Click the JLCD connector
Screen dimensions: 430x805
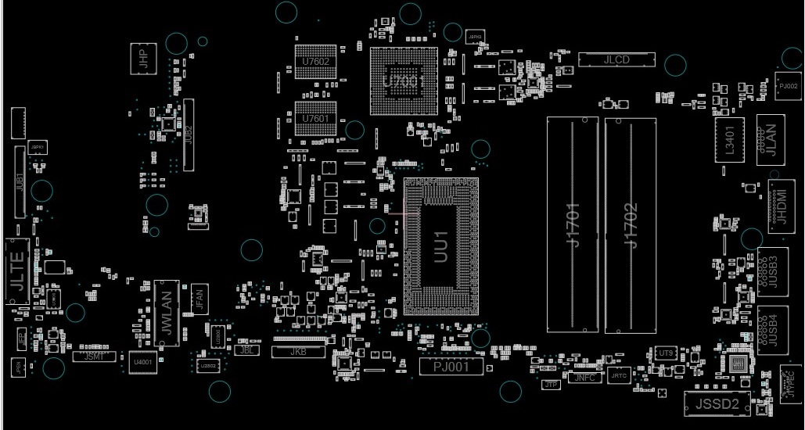[616, 59]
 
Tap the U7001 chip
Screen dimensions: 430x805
[404, 81]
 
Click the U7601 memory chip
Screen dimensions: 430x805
[315, 118]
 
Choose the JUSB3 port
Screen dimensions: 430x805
[771, 271]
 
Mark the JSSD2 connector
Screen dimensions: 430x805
[716, 403]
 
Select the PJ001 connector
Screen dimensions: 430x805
[451, 367]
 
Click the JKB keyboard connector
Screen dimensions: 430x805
[297, 352]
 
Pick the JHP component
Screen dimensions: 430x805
[143, 59]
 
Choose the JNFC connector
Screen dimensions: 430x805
[584, 378]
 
